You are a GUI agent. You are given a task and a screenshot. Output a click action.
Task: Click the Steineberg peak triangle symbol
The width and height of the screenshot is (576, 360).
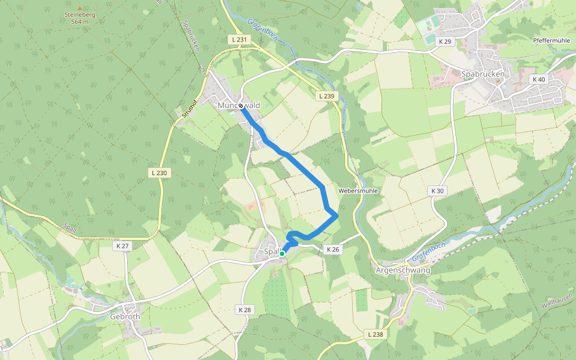[x=79, y=8]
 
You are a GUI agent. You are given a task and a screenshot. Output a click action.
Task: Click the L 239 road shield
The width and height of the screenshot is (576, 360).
[x=326, y=96]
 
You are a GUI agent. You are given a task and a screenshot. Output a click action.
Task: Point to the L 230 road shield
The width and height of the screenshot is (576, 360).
[x=160, y=173]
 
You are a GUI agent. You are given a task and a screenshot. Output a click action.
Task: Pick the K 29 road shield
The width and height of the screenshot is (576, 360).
[x=445, y=41]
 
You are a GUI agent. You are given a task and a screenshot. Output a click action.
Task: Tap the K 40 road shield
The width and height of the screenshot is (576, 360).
[x=538, y=79]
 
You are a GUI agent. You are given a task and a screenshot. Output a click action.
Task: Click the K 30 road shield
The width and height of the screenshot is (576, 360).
[x=437, y=191]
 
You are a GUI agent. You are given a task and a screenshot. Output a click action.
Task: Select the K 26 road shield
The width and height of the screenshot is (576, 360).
[x=333, y=249]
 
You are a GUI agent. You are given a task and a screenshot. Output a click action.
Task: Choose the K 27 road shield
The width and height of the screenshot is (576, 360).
[x=122, y=246]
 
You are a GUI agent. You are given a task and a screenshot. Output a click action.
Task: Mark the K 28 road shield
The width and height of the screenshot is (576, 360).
[x=244, y=310]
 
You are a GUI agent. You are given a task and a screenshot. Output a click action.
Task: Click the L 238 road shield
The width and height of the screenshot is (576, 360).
[x=374, y=334]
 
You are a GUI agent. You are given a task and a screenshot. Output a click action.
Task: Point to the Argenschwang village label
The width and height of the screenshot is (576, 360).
[x=403, y=271]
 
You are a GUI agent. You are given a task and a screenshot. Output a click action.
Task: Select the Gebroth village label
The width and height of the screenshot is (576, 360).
[x=125, y=317]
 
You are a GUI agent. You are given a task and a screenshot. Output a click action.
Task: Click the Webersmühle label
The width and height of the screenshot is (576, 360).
[x=358, y=191]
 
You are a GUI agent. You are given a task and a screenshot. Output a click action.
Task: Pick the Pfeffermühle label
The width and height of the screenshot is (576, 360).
[x=551, y=40]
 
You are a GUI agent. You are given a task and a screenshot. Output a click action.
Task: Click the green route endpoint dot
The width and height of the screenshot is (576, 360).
[x=282, y=254]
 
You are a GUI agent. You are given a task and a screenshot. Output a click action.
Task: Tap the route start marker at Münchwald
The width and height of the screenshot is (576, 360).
[x=241, y=106]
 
